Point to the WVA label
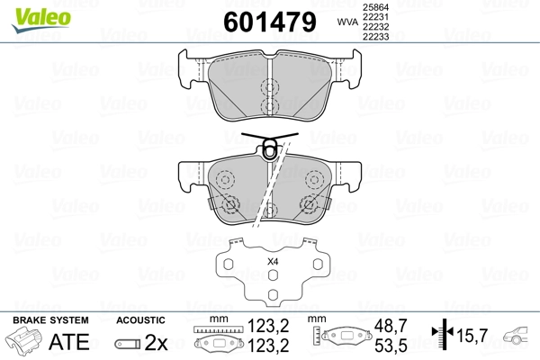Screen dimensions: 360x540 (345, 22)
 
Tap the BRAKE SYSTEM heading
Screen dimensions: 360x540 (49, 320)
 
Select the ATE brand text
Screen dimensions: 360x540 (68, 342)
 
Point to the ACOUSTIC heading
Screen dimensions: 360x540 (140, 320)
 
